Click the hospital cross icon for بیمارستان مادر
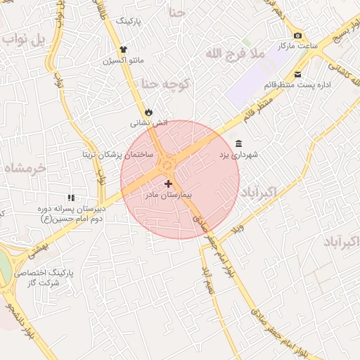167,184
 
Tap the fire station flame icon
148,112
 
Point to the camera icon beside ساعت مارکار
297,36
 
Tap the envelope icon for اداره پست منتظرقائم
297,75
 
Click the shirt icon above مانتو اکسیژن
124,49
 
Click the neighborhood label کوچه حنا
166,84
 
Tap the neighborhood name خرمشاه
25,168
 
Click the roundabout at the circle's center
167,165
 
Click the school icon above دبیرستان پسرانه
70,198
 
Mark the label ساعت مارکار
293,46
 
